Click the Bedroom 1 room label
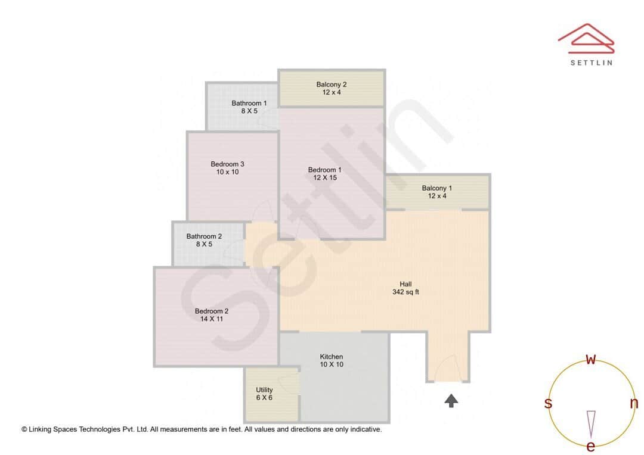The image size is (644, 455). coord(325,170)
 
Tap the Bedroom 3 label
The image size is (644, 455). coord(227,164)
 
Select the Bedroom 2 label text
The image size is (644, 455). coord(212,311)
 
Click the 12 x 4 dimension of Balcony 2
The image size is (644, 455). coord(331,92)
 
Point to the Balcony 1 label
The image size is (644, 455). coord(437,188)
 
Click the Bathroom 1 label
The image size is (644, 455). coord(249,103)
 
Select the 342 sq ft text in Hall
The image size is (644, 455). coord(405,292)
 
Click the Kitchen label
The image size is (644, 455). coord(332,357)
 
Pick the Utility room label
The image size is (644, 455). coord(264,390)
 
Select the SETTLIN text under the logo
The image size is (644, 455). coord(591,63)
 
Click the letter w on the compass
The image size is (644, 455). coord(591,359)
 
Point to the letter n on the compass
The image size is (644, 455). coord(634,403)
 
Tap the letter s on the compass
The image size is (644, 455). coord(548,403)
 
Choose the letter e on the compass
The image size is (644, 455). coord(591,446)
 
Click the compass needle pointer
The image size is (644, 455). coord(591,422)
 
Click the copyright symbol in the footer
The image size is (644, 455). coord(24,429)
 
